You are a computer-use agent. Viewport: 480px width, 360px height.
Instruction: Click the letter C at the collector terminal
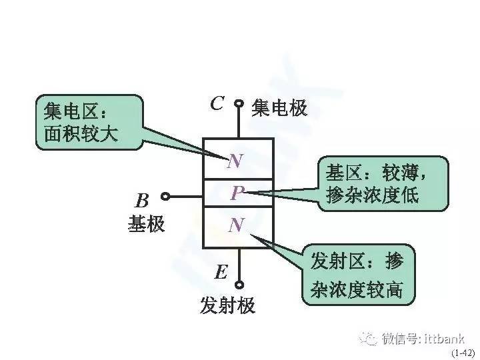click(x=217, y=103)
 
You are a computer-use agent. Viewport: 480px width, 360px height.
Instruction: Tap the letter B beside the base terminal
click(x=142, y=201)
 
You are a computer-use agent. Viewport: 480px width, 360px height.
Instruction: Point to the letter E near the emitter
click(x=221, y=272)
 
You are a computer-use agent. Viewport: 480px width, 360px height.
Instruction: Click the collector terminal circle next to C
click(x=239, y=104)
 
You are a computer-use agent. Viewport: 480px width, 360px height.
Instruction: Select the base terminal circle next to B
click(x=165, y=197)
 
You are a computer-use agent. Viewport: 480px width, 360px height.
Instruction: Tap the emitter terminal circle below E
click(x=239, y=285)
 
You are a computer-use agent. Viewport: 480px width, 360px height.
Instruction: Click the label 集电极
click(x=279, y=108)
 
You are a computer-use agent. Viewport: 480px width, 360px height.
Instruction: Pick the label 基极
click(x=146, y=223)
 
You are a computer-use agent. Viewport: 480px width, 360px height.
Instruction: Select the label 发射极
click(x=227, y=305)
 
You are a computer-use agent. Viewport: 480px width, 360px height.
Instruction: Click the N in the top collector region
click(x=235, y=161)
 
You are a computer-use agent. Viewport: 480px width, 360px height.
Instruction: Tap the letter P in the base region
click(x=237, y=193)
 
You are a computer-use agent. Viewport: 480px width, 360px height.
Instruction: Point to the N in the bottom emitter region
click(x=237, y=225)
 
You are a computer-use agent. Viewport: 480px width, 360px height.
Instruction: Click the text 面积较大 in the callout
click(x=81, y=134)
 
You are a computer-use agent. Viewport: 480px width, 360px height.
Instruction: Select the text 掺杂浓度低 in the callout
click(x=373, y=195)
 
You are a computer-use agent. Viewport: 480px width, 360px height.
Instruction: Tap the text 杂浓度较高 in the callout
click(x=356, y=289)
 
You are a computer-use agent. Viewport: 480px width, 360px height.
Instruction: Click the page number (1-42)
click(x=463, y=353)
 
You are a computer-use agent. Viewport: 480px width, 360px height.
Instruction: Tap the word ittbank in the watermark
click(x=444, y=339)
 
